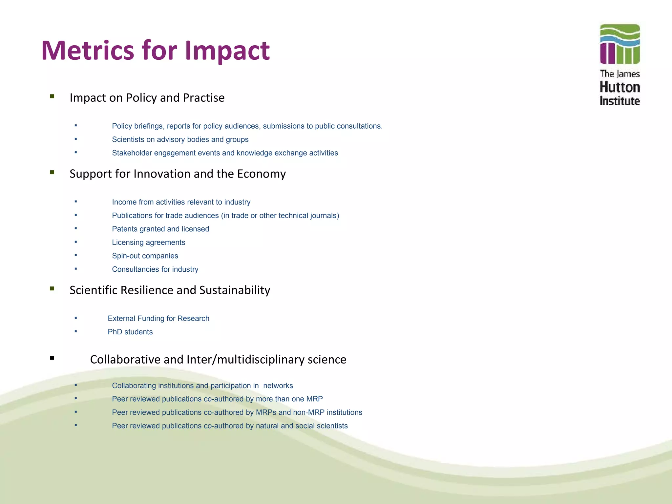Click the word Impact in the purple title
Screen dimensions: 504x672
click(x=227, y=51)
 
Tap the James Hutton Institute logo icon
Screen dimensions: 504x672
click(x=619, y=44)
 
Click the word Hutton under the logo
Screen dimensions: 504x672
click(x=619, y=87)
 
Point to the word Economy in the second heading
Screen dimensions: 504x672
click(x=261, y=174)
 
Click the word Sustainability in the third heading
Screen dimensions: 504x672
click(x=235, y=290)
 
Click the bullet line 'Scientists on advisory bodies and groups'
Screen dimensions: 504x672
click(x=180, y=139)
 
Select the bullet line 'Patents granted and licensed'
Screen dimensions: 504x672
click(x=160, y=229)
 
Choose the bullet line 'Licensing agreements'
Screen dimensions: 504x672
click(x=149, y=242)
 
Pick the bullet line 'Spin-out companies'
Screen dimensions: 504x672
click(x=145, y=256)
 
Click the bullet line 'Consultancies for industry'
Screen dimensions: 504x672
click(x=155, y=269)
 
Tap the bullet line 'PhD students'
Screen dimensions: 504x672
click(x=130, y=332)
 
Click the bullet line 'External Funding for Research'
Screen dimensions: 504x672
click(x=158, y=319)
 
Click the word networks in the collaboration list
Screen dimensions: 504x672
click(x=278, y=386)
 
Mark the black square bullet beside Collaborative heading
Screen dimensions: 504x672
click(x=52, y=358)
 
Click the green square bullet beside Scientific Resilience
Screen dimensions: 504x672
click(x=52, y=289)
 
